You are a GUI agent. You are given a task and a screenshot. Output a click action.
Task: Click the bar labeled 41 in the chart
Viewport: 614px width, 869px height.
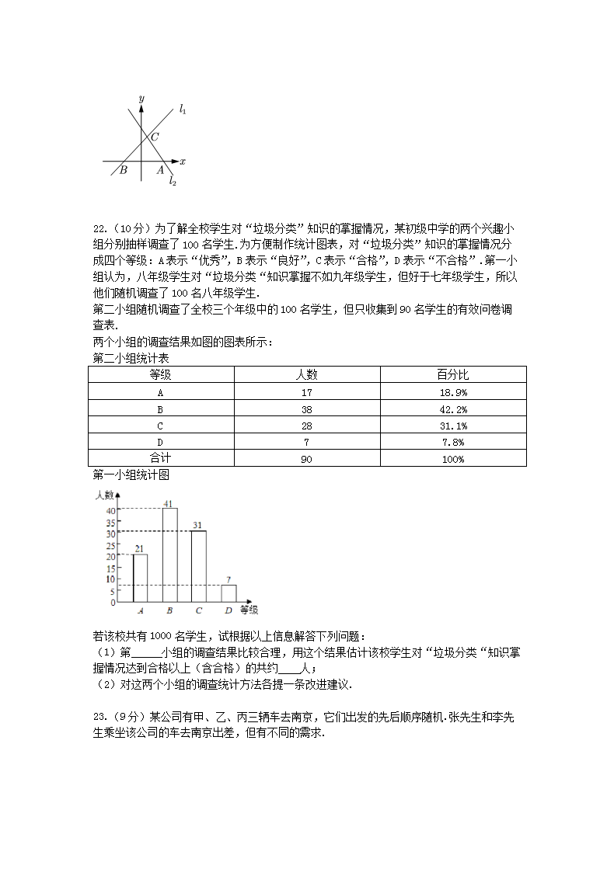(x=169, y=554)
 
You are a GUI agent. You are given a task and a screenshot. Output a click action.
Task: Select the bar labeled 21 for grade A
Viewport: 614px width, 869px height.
(x=140, y=578)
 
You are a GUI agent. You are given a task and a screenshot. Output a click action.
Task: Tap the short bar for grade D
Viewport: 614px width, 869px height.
(x=229, y=593)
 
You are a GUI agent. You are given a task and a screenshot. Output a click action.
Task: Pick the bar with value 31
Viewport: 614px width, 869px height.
(x=199, y=566)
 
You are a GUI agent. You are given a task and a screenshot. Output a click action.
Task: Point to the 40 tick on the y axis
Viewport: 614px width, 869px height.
(x=110, y=510)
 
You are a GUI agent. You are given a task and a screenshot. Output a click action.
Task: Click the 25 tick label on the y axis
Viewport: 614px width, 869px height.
(x=110, y=544)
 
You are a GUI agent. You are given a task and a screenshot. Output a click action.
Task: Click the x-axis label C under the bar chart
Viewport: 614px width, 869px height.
(x=199, y=610)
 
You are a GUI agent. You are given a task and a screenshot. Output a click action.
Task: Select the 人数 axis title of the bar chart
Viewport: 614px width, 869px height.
(x=105, y=494)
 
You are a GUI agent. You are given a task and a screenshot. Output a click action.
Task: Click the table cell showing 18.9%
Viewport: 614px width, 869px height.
(x=453, y=392)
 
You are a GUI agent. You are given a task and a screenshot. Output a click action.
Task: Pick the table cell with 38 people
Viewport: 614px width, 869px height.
(x=306, y=409)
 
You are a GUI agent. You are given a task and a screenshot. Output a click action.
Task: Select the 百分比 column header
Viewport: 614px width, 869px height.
(x=453, y=375)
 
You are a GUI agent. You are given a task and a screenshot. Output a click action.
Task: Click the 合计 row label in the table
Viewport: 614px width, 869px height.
(x=160, y=459)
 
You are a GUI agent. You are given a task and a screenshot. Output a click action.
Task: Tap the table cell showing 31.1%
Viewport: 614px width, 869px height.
(x=453, y=426)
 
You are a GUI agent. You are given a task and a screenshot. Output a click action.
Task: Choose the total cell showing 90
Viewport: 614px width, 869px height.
(x=306, y=459)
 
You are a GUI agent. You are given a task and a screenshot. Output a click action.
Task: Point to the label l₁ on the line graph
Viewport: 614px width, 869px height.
(x=183, y=109)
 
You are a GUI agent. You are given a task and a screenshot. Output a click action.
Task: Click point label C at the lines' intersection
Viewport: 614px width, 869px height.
(x=155, y=137)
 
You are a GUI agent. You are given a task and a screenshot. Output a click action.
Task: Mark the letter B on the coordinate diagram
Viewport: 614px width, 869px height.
(x=123, y=170)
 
